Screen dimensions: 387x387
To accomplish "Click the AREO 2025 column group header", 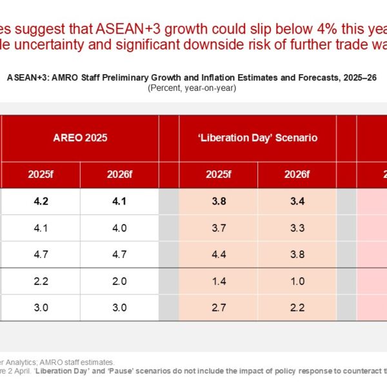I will [x=80, y=138].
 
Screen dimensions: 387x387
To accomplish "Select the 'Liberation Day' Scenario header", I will [x=257, y=138].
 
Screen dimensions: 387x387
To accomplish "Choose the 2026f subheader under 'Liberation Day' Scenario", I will [x=297, y=174].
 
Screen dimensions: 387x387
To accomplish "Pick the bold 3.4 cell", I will [x=297, y=201].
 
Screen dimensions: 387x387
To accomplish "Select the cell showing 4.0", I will [x=119, y=228].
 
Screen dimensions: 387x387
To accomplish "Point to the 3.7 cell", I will [x=218, y=228].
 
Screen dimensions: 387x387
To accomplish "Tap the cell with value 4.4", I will [x=218, y=254].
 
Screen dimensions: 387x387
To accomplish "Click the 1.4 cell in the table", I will [x=218, y=281].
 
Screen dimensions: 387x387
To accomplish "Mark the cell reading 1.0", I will [x=297, y=281].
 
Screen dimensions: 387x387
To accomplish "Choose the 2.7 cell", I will [x=218, y=307].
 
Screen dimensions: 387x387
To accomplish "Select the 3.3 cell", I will [x=297, y=228].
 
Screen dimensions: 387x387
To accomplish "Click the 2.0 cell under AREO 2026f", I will [x=119, y=281].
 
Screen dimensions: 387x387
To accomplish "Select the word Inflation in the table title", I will [x=226, y=77].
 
